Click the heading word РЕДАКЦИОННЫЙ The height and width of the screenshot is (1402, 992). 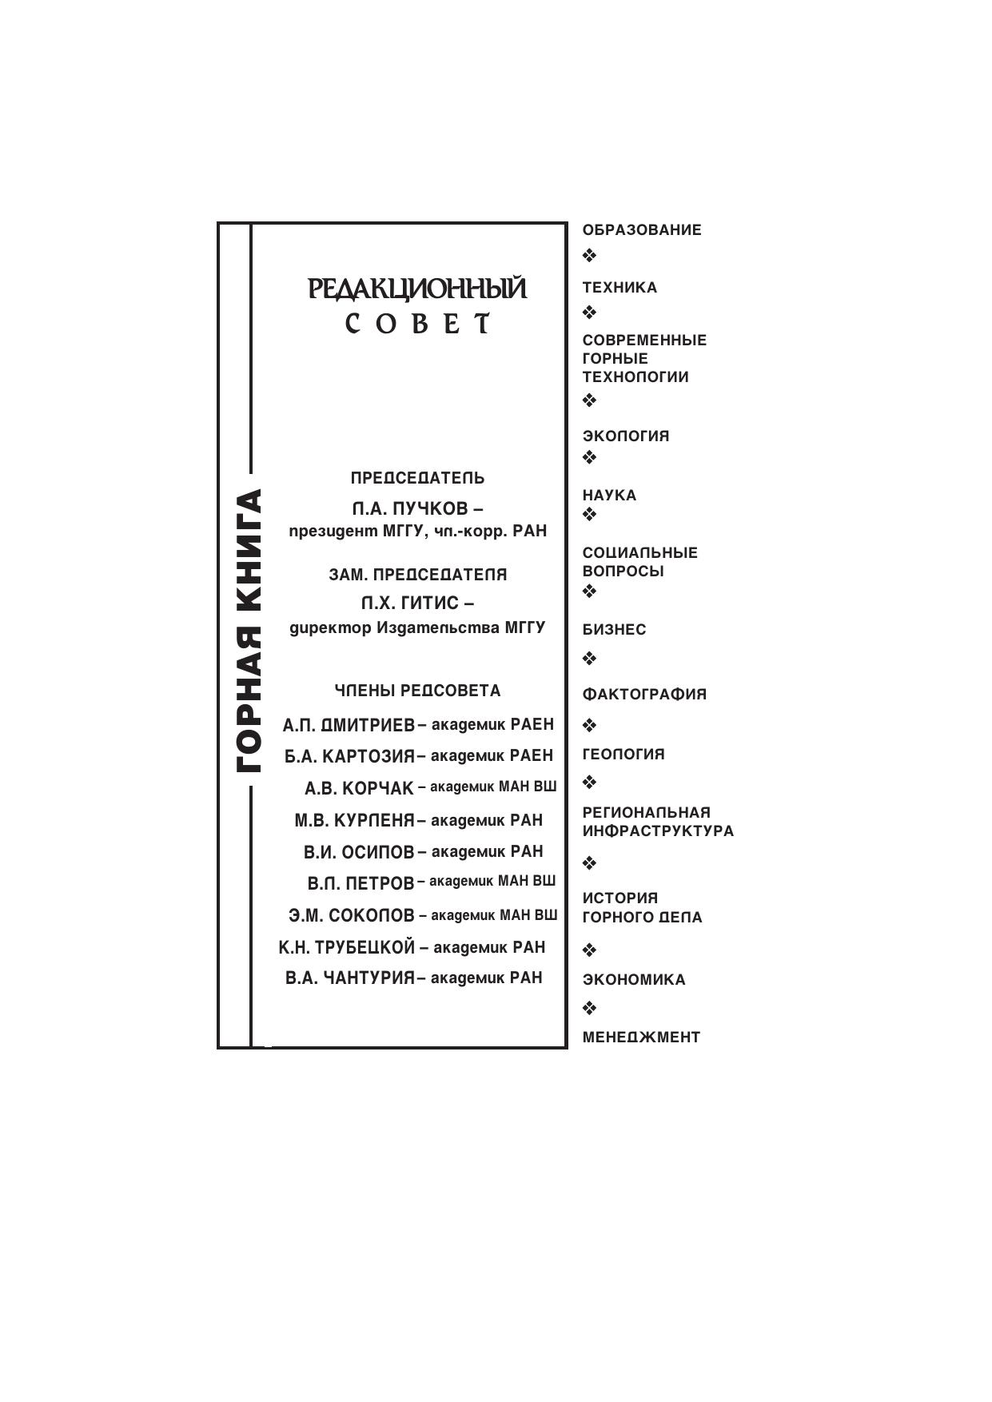pos(417,289)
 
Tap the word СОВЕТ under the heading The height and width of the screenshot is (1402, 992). pos(417,324)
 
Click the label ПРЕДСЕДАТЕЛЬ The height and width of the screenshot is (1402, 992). pos(417,478)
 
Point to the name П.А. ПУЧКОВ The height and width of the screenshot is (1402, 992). pos(409,508)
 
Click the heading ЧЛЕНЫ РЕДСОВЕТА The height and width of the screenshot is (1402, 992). pos(417,691)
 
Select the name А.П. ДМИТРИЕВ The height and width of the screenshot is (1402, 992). pos(349,725)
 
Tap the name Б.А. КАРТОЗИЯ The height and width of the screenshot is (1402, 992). pos(349,756)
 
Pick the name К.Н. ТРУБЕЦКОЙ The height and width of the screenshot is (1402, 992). pos(347,947)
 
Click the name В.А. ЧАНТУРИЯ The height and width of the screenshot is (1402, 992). pos(350,978)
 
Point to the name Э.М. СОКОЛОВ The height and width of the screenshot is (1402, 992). pos(352,915)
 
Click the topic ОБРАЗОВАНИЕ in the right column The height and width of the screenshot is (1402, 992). pos(642,230)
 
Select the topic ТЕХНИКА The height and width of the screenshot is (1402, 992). pos(620,288)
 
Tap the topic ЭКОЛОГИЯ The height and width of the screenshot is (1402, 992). pos(626,436)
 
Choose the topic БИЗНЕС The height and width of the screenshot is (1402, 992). pos(614,630)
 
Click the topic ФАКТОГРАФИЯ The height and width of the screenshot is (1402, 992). pos(644,695)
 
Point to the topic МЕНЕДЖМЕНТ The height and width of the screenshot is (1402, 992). pos(641,1038)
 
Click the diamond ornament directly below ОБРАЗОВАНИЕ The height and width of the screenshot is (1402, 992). pos(589,256)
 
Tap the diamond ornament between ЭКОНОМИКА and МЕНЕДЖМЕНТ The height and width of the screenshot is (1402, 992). pos(589,1007)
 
